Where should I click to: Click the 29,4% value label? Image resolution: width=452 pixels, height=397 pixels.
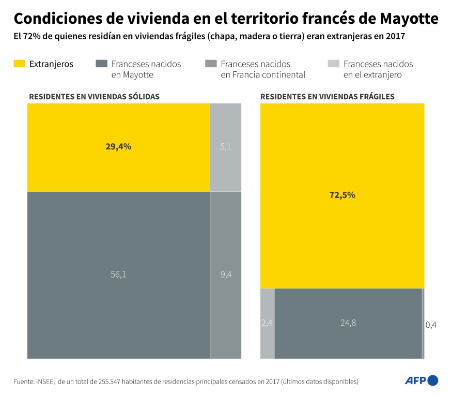point(118,146)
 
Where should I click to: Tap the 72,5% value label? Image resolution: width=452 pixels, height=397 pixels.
point(342,195)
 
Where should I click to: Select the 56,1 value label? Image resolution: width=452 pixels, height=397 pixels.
point(118,274)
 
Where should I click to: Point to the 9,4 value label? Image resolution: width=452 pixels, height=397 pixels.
point(226,274)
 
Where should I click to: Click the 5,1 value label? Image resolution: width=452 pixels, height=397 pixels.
point(226,146)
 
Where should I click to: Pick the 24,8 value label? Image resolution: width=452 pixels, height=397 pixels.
point(348,323)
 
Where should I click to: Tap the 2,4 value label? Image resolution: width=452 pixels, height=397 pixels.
point(267,323)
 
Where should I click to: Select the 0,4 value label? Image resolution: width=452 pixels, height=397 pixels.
point(431,325)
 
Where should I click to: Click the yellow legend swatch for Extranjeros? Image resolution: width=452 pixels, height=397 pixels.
point(19,64)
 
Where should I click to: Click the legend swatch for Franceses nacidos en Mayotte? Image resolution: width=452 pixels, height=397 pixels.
point(101,64)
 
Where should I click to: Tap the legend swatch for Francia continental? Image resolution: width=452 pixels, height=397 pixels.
point(210,64)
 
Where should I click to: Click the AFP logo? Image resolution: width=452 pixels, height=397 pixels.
point(421,381)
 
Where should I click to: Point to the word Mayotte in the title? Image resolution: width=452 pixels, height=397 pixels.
point(409,19)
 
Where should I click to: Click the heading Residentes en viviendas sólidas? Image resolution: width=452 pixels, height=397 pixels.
point(94,97)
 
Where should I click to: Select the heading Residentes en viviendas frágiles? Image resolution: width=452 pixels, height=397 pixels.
point(328,97)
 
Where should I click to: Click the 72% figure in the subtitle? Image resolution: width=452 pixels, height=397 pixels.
point(34,37)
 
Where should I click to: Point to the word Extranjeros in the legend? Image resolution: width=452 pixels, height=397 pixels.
point(51,64)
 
